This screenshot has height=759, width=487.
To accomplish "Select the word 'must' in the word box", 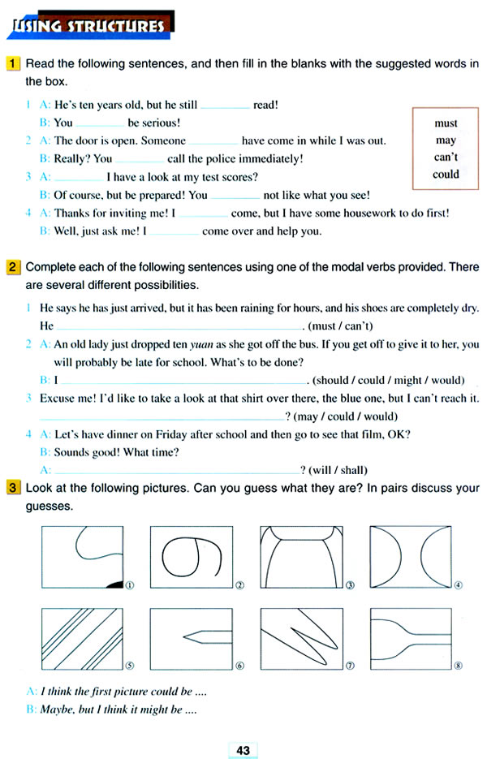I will (x=446, y=123).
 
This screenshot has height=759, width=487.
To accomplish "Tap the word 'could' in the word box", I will (x=446, y=174).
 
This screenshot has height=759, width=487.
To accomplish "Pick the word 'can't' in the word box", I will (x=446, y=157).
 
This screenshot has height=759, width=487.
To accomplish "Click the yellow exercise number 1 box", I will (x=13, y=63).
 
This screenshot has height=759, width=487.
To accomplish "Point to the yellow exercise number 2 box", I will (x=13, y=266).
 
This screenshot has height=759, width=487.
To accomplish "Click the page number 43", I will (x=243, y=750).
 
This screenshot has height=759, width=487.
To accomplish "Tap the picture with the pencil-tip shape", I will (x=191, y=640).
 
